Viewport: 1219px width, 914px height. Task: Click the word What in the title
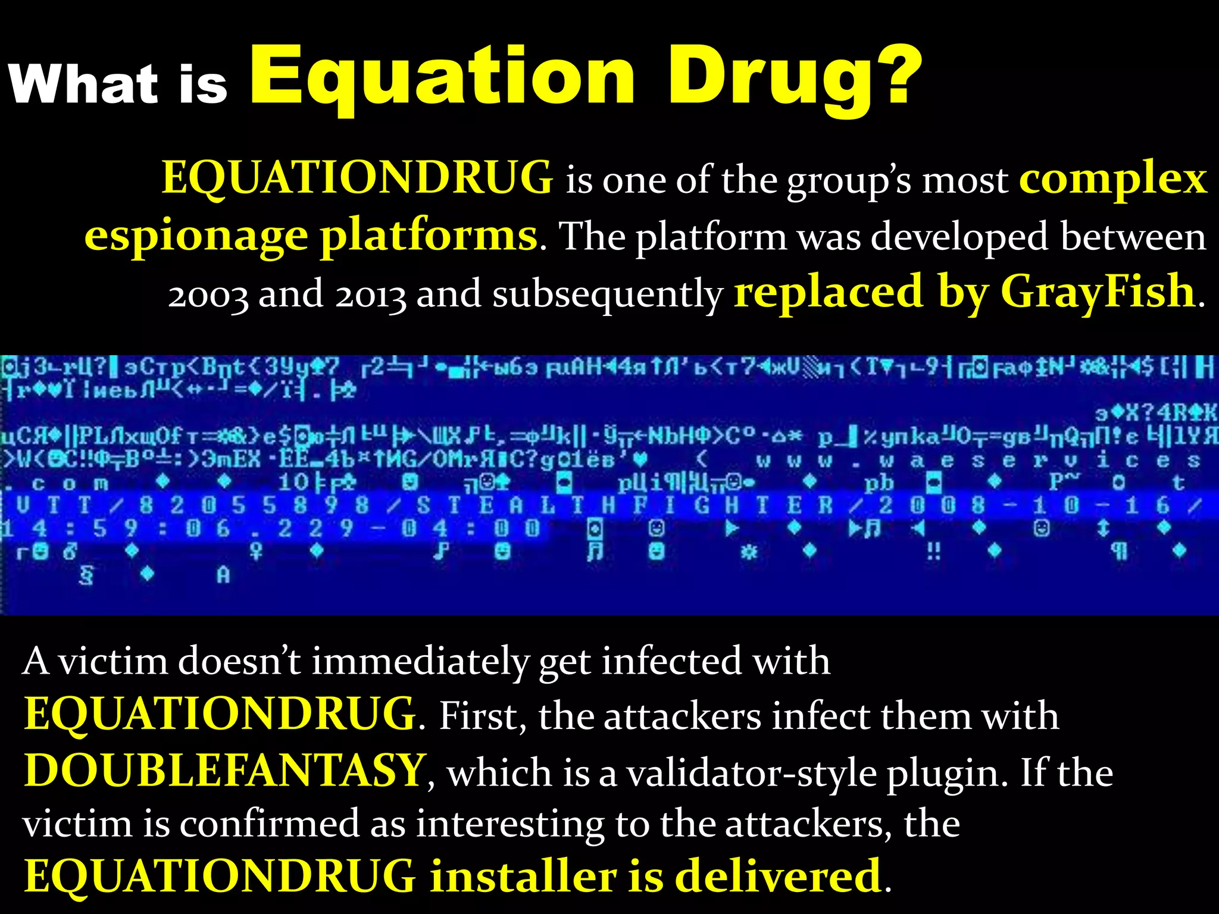click(83, 83)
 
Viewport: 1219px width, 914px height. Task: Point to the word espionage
click(196, 237)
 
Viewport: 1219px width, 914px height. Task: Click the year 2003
click(208, 294)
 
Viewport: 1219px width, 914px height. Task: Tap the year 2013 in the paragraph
click(370, 294)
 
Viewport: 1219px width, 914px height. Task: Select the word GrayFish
click(1098, 292)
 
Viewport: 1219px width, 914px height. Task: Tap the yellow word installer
click(522, 877)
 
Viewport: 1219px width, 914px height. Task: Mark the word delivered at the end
click(778, 877)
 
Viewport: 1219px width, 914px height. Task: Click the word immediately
click(419, 662)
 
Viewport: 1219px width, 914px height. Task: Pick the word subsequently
click(607, 294)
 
